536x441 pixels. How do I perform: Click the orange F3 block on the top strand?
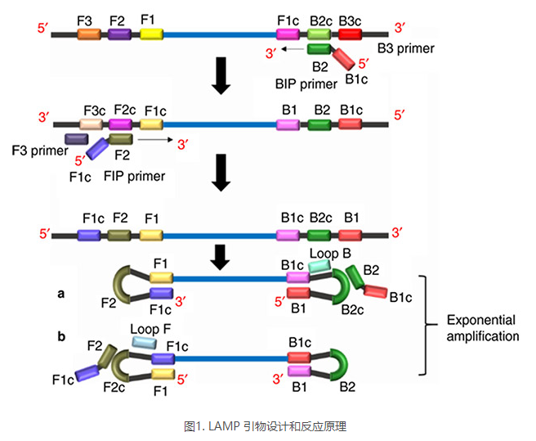[89, 34]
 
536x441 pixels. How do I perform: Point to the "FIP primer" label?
[135, 176]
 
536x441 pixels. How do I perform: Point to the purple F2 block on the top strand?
[120, 34]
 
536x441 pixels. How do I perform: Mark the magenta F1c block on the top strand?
[288, 34]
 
